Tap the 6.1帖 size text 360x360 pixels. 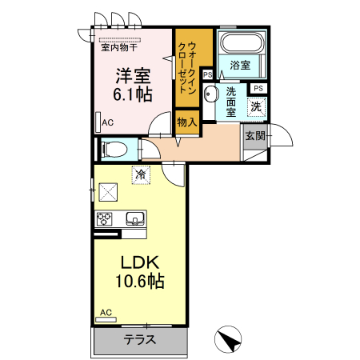click(x=133, y=94)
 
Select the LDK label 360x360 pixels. click(x=141, y=262)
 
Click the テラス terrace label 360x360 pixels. click(x=140, y=339)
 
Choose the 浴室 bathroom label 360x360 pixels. click(x=241, y=65)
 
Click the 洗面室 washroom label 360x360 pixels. click(x=230, y=102)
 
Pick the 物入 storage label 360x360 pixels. click(x=186, y=122)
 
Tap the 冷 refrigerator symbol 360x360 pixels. click(x=141, y=173)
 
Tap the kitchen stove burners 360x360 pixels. click(x=105, y=218)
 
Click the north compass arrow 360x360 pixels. click(x=230, y=339)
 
